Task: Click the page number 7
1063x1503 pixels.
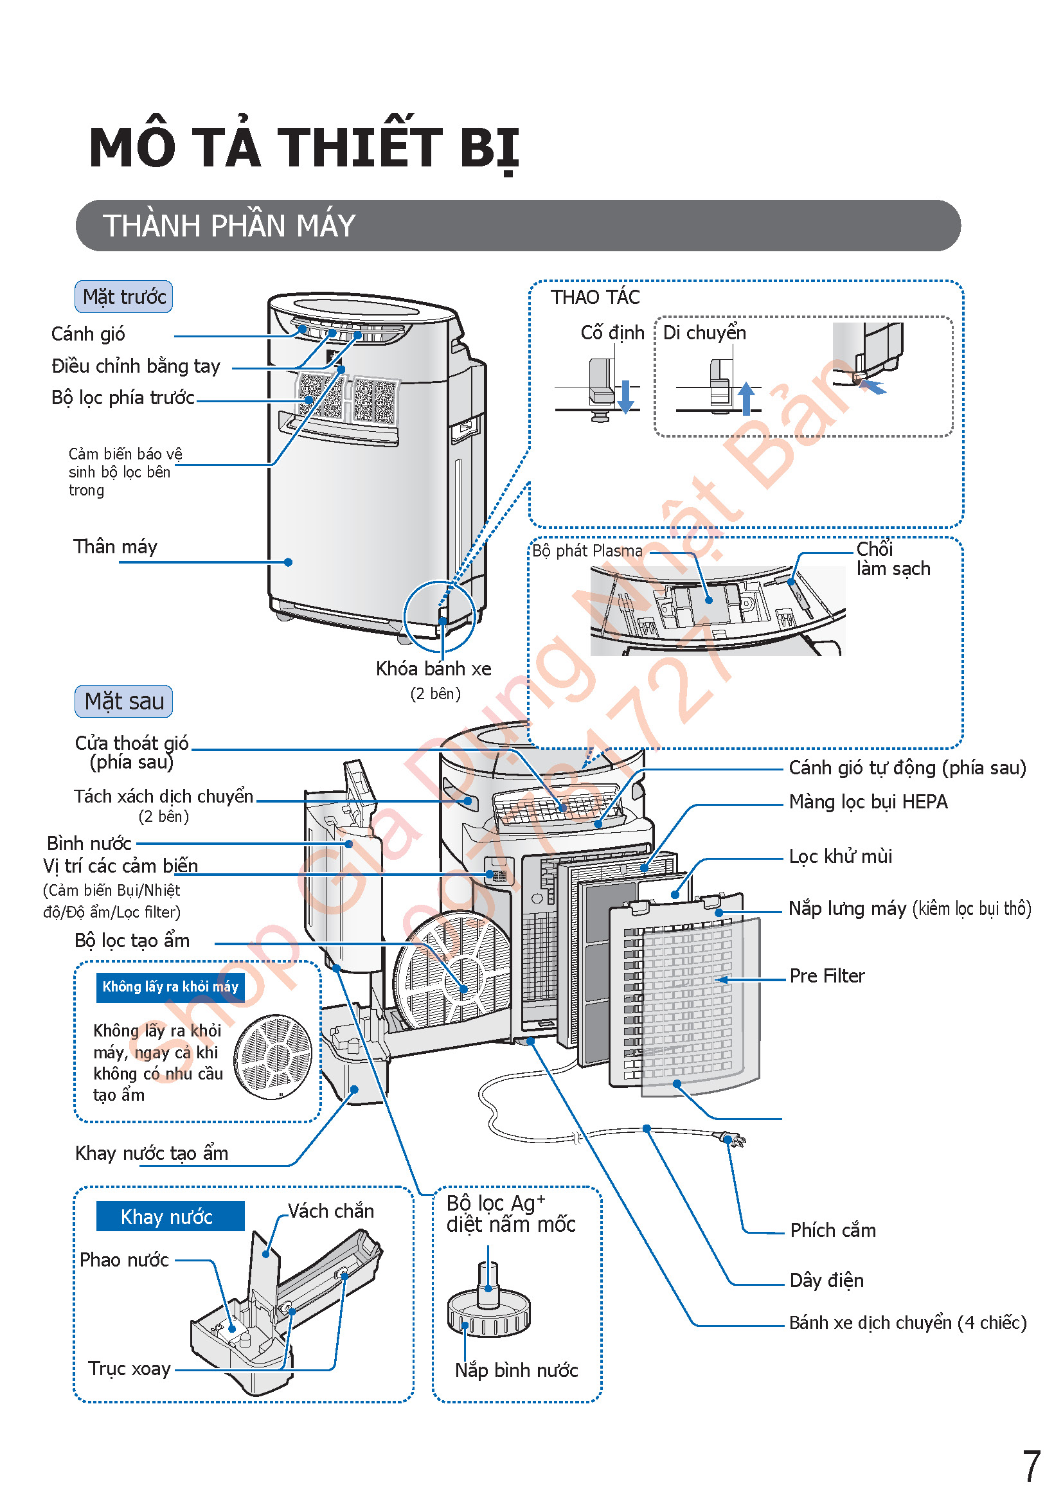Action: [1031, 1466]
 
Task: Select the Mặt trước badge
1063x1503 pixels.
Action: [123, 296]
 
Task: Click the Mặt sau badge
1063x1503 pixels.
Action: [123, 701]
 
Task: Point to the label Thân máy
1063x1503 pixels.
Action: [115, 547]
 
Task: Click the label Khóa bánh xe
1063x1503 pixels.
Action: [433, 668]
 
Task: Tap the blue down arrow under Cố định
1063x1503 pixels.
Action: [626, 396]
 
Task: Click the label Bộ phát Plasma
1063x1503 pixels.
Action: [587, 551]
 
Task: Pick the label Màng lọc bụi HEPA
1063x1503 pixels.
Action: [868, 801]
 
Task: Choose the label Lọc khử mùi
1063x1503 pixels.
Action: [841, 856]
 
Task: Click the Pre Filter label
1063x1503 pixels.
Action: [826, 976]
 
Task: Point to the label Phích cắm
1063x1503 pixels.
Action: [832, 1231]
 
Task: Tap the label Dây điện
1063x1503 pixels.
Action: [826, 1281]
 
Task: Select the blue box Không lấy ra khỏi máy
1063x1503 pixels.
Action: [170, 986]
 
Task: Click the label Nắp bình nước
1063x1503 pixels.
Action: [517, 1370]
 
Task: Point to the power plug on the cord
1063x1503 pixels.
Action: [735, 1140]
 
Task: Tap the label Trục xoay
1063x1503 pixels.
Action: [130, 1368]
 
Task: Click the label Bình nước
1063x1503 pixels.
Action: [89, 843]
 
